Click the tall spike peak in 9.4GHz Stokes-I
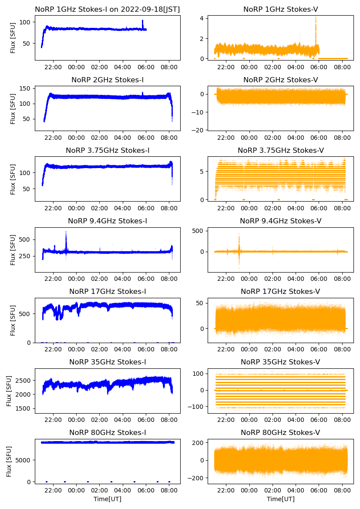point(66,232)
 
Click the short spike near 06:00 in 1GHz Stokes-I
point(142,21)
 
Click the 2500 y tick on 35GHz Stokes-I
point(24,381)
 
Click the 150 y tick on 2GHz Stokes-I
point(26,89)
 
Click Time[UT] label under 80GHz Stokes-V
point(280,499)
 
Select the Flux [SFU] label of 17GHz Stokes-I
point(13,320)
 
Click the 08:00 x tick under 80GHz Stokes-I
point(169,491)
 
